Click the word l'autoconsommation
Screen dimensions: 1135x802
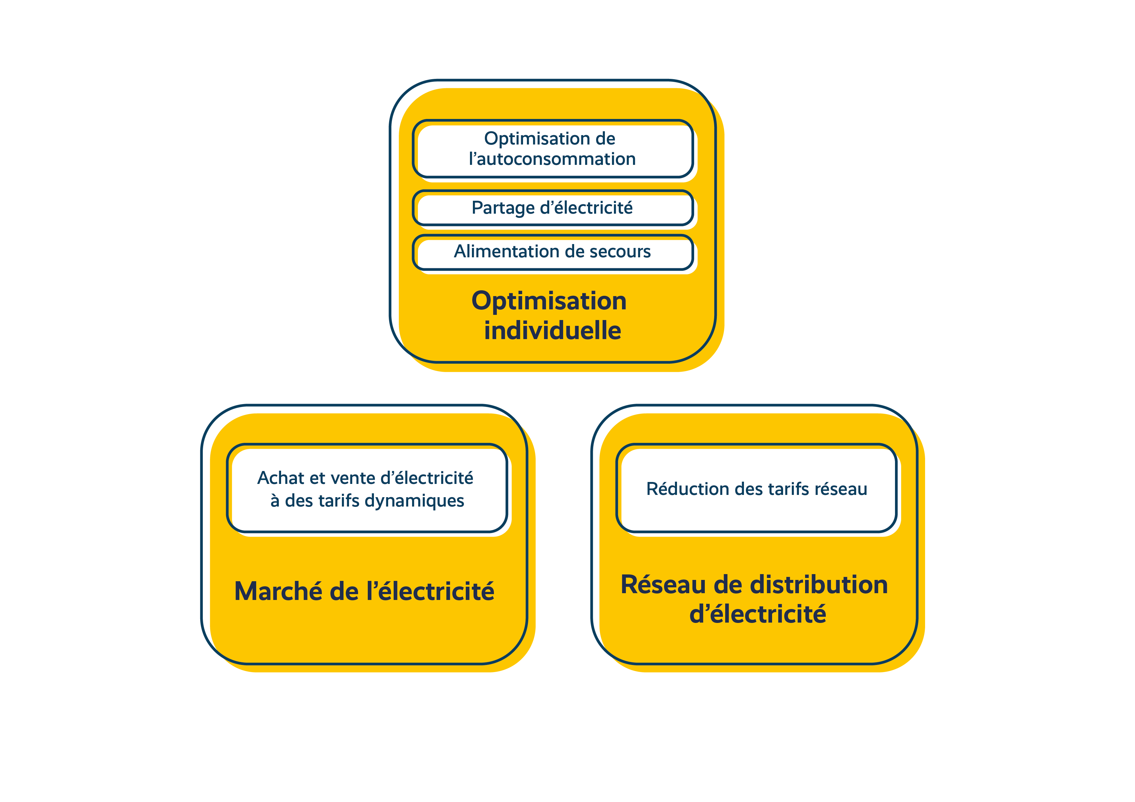[x=552, y=159]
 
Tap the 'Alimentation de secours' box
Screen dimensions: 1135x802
[x=553, y=252]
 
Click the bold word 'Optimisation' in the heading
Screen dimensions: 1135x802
[x=549, y=301]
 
